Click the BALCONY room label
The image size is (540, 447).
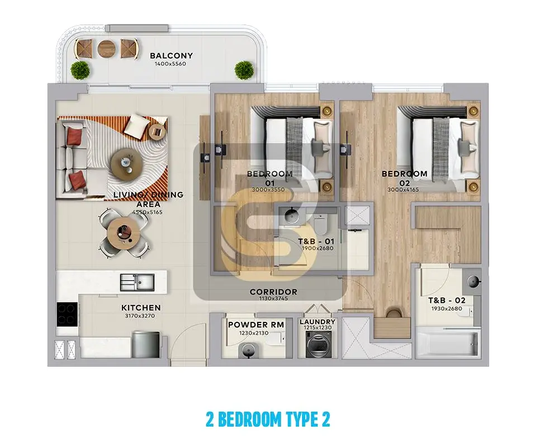[x=171, y=55]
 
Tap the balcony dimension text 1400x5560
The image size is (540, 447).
[x=171, y=64]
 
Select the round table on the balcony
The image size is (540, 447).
[x=106, y=49]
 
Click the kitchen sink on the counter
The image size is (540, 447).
[x=137, y=283]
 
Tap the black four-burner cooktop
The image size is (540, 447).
[x=67, y=314]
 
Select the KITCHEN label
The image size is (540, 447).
[x=141, y=308]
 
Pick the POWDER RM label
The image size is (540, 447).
[x=256, y=325]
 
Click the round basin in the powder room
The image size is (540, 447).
[x=249, y=350]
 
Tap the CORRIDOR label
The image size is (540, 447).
[x=273, y=292]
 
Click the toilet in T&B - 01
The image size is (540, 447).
[x=320, y=224]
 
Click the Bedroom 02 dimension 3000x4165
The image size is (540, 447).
[x=403, y=189]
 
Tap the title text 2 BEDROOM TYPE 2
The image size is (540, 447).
[x=268, y=420]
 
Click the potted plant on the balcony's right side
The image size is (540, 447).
[x=244, y=70]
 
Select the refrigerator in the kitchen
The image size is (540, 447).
[x=146, y=344]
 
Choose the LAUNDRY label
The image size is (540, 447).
[x=318, y=322]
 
